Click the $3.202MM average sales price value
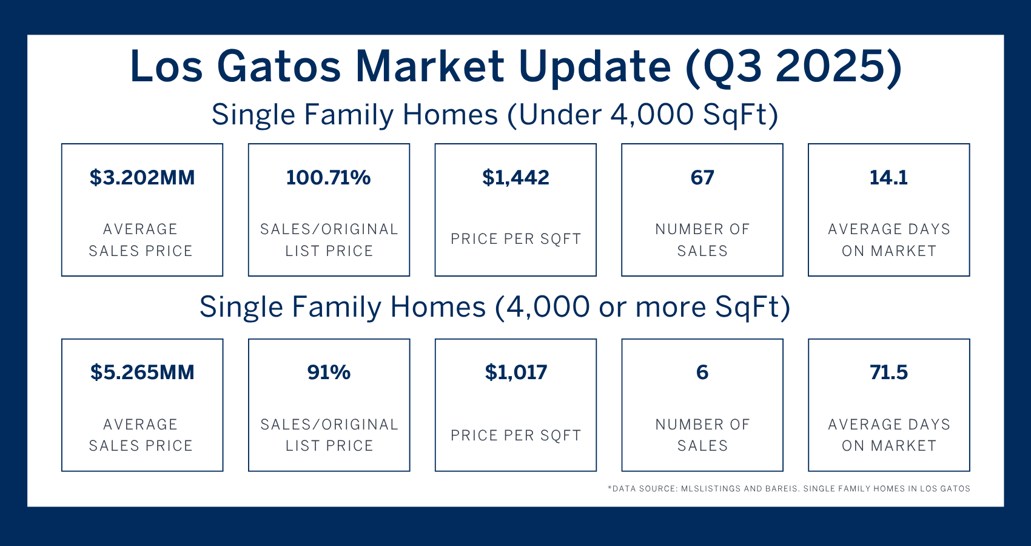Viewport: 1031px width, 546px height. click(143, 178)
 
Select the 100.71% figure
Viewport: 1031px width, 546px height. click(328, 178)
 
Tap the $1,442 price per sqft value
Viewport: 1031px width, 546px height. click(515, 178)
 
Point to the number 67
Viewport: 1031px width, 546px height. click(702, 178)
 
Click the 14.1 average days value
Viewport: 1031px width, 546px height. click(888, 178)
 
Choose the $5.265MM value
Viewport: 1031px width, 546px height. click(143, 372)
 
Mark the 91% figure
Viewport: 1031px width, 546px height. click(329, 372)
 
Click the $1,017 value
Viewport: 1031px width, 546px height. click(516, 372)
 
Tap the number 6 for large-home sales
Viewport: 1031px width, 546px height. click(702, 372)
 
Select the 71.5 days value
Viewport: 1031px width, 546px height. click(888, 372)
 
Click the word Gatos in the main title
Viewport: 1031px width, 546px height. click(279, 66)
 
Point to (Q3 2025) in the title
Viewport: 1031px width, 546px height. click(793, 67)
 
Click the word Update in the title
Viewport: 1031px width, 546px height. click(595, 68)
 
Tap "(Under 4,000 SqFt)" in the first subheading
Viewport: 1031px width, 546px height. click(642, 115)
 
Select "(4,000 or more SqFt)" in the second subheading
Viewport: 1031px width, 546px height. click(642, 307)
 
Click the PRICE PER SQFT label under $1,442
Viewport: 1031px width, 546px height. click(515, 239)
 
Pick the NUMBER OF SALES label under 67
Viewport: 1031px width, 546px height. click(702, 240)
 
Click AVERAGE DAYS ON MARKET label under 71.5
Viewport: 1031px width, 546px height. click(889, 434)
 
